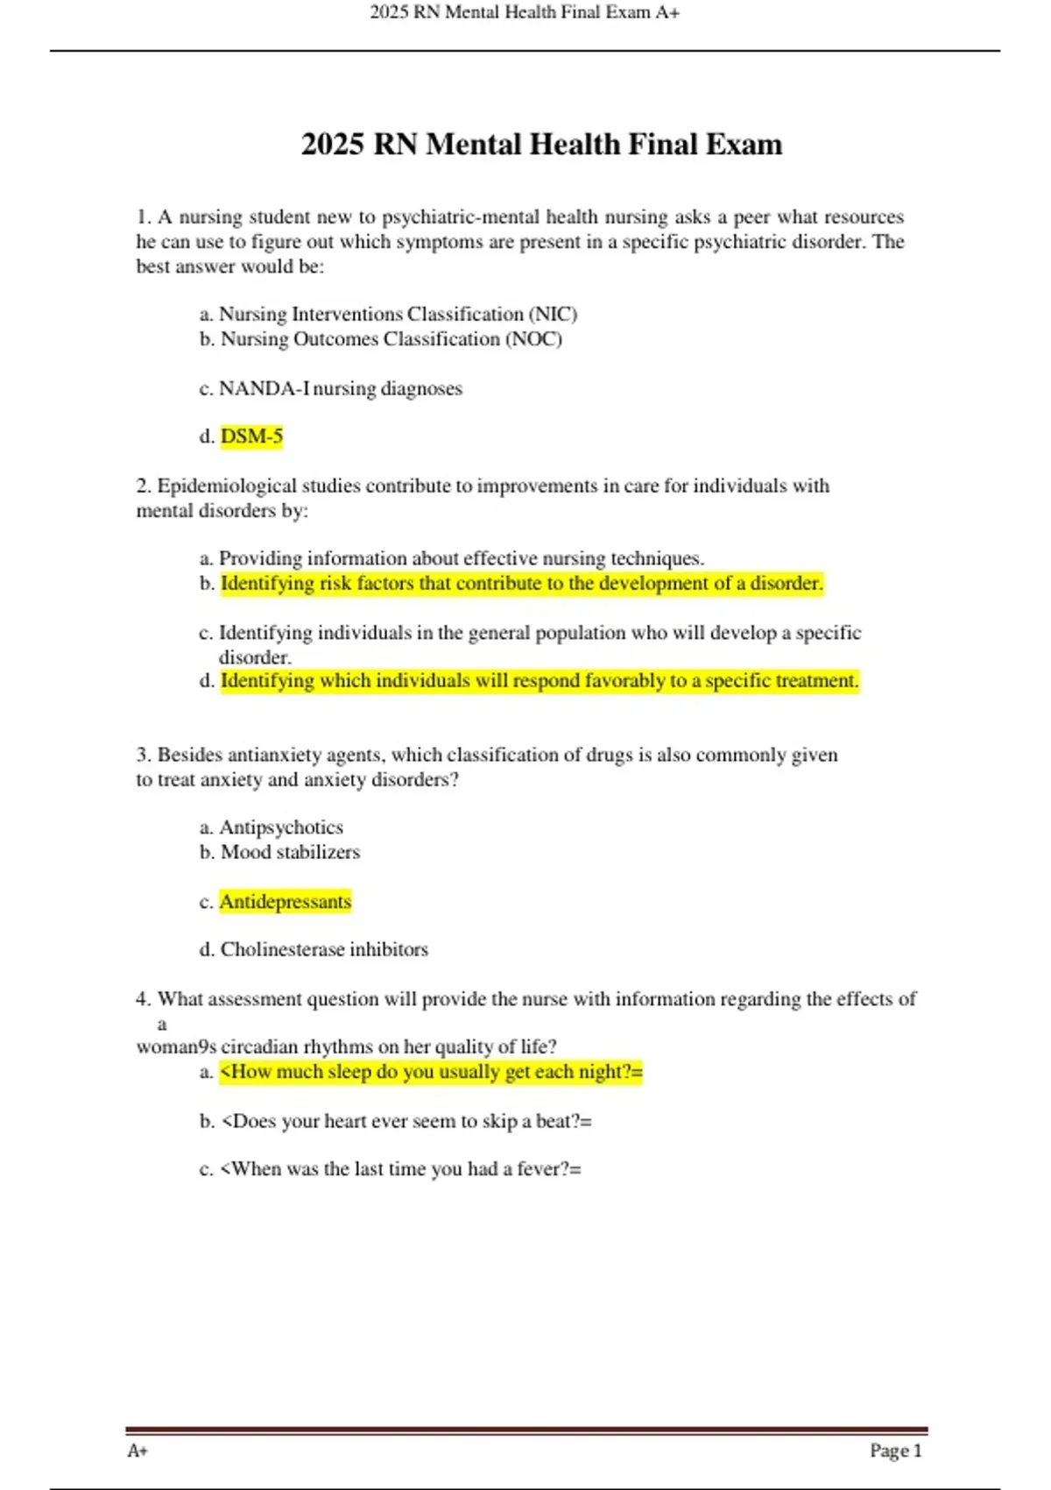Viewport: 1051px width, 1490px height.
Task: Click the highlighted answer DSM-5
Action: click(x=251, y=436)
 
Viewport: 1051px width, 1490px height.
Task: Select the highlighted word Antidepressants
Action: click(x=285, y=902)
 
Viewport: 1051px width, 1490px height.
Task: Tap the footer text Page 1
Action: click(x=895, y=1451)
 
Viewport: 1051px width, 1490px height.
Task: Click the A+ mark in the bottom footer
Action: click(x=138, y=1451)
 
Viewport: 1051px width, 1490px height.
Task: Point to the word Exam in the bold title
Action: click(x=744, y=145)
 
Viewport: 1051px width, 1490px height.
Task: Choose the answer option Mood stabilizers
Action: click(x=289, y=852)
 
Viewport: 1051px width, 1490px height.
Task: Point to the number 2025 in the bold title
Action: click(x=332, y=145)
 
